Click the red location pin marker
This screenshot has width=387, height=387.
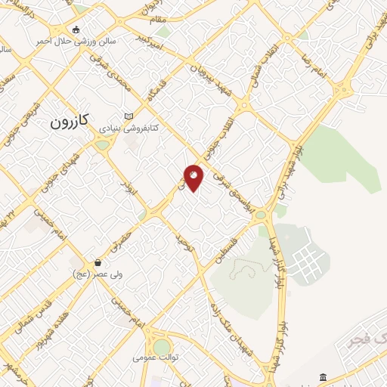(193, 177)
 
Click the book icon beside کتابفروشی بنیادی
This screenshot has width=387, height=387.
(128, 116)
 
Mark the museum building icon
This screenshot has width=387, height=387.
(323, 377)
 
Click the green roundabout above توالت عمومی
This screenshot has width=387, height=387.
(159, 338)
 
